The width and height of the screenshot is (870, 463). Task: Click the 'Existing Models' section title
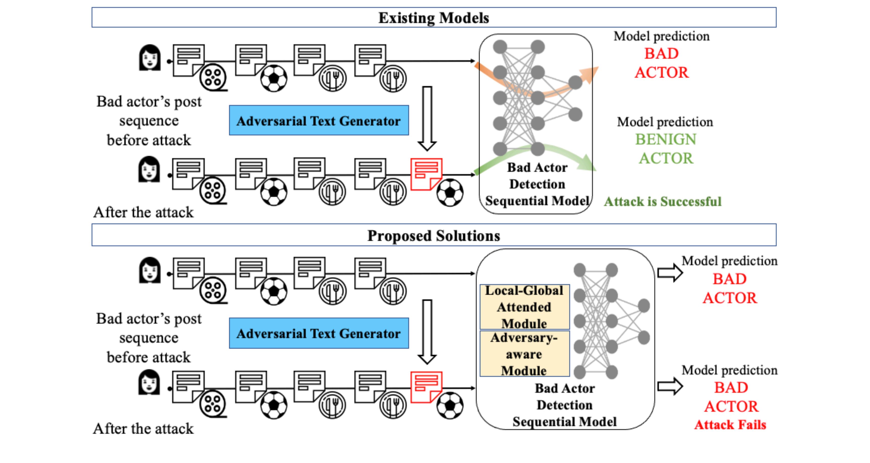434,18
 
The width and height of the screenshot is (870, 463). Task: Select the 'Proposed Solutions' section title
434,235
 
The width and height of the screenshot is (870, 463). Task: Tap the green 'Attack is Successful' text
663,201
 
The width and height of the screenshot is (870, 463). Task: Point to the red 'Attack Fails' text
730,424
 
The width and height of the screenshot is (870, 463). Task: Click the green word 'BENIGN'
666,139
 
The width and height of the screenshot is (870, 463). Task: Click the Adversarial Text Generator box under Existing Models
319,121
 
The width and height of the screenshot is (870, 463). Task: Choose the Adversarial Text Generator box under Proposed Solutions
319,333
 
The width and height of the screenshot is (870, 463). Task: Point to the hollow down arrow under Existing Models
427,118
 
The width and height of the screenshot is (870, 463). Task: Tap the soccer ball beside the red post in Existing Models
450,192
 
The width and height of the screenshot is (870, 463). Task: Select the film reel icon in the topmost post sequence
213,78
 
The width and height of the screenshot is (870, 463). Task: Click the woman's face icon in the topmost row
150,58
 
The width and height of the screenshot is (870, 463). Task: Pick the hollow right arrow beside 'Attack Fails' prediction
670,386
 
